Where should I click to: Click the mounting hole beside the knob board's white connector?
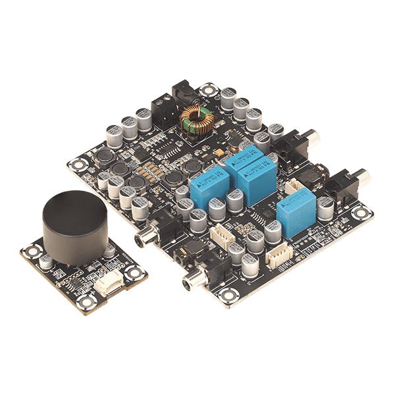pos(134,271)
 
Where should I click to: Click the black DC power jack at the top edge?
pos(183,92)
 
